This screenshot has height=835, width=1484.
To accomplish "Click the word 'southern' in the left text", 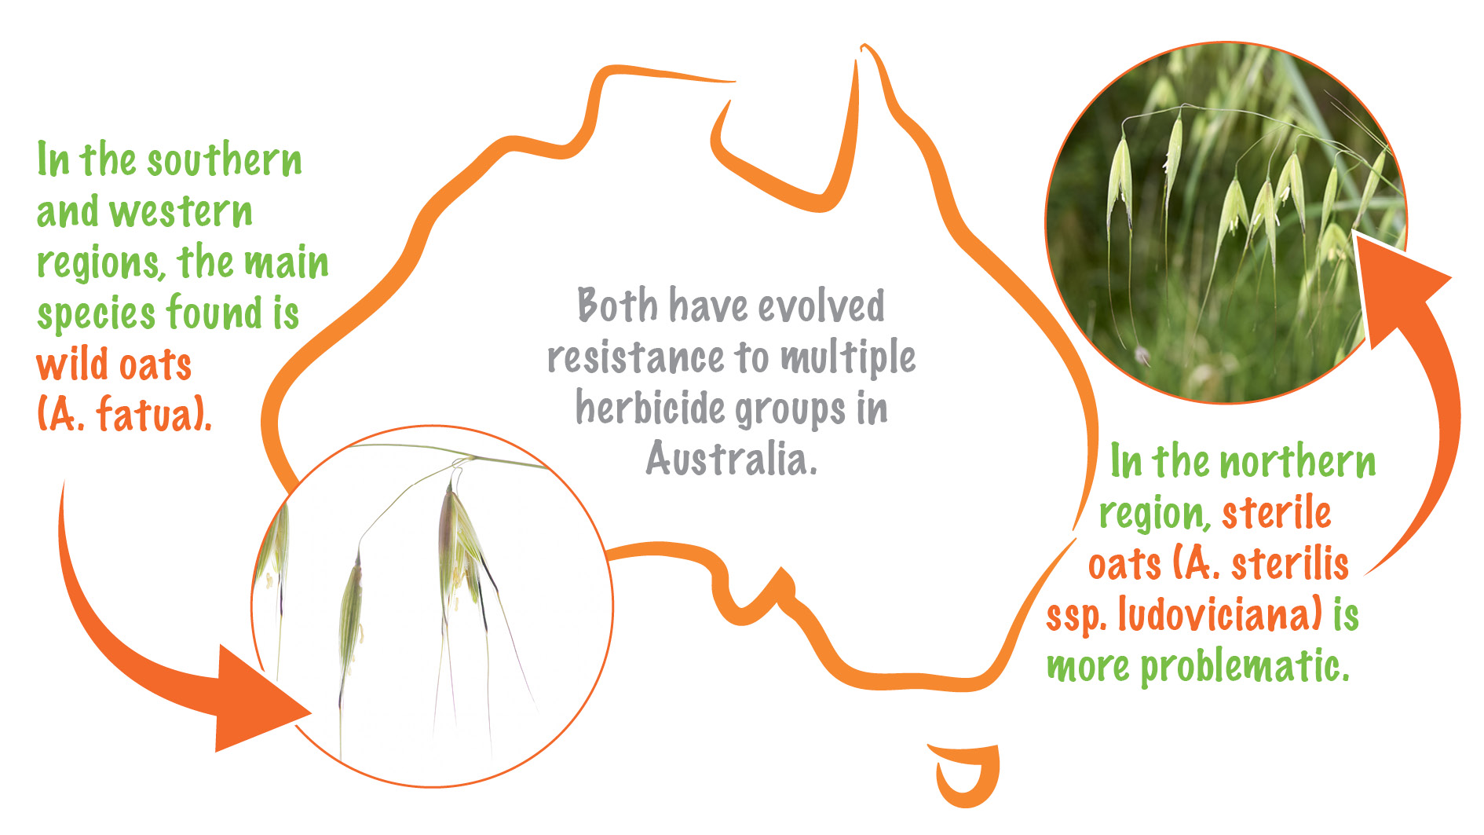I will (225, 161).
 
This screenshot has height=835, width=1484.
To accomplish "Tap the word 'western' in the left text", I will (181, 212).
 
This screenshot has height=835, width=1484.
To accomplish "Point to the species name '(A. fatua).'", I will (124, 415).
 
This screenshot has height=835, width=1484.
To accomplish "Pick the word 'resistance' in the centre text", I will (635, 357).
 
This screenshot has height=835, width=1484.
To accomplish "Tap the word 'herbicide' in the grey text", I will (649, 408).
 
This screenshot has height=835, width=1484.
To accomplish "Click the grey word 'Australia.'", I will (731, 459).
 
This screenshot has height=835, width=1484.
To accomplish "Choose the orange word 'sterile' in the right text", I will (1276, 514).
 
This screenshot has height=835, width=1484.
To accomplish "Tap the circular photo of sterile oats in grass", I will (1225, 224).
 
